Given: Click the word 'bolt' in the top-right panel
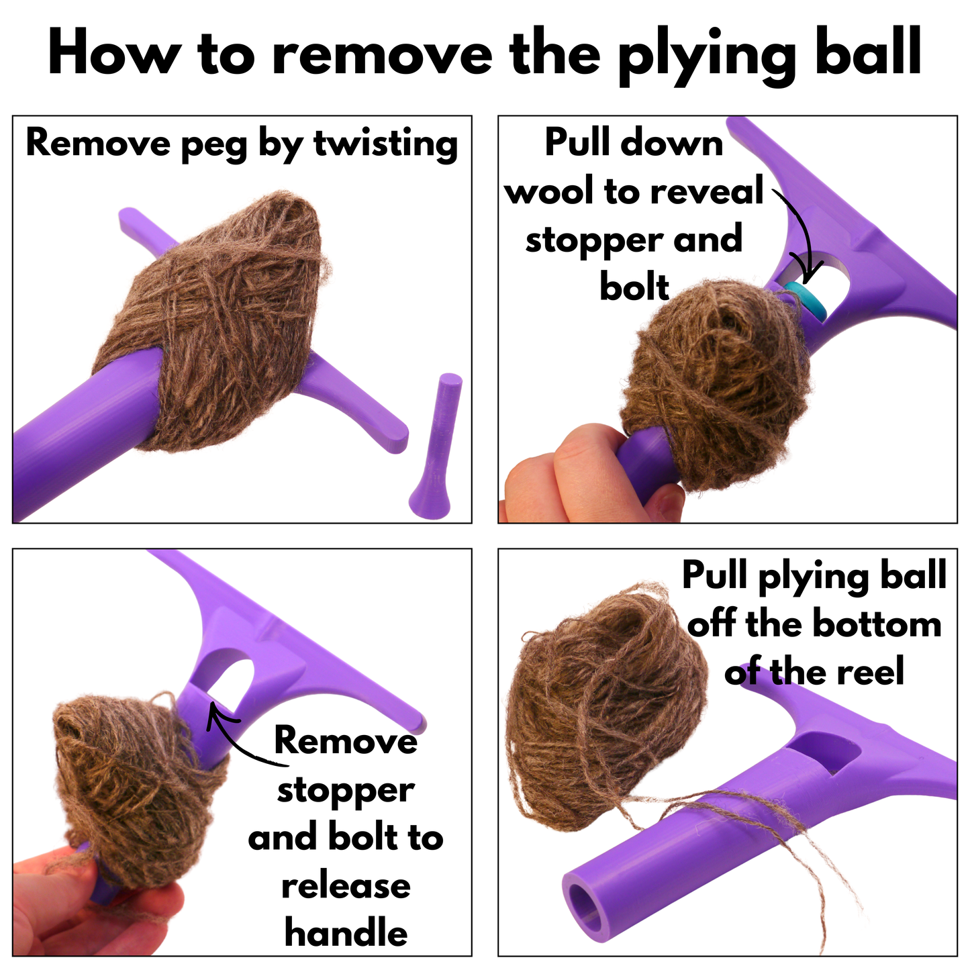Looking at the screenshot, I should (x=634, y=287).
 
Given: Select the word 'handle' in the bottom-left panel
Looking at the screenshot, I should (x=346, y=933).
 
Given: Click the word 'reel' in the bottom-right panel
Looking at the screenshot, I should (x=870, y=671).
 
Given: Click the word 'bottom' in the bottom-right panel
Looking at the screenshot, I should (x=876, y=624).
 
